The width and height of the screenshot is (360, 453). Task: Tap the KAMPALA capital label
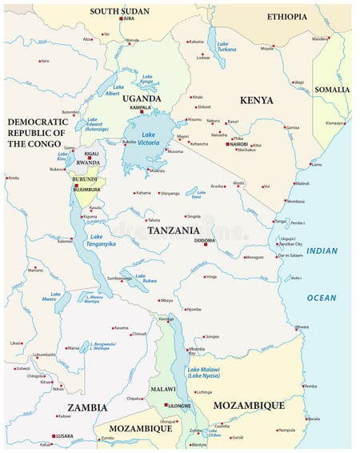(140, 107)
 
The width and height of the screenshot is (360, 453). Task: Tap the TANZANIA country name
(173, 231)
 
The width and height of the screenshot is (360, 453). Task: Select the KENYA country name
(256, 100)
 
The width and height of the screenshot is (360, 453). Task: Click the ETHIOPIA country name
(286, 17)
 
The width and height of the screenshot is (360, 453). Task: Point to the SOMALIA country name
(331, 90)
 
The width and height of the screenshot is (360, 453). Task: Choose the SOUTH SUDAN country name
(119, 11)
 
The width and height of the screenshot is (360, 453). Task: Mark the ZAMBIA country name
(87, 407)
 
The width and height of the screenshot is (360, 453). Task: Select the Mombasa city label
(295, 201)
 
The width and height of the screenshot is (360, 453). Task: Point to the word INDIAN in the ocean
(322, 251)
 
